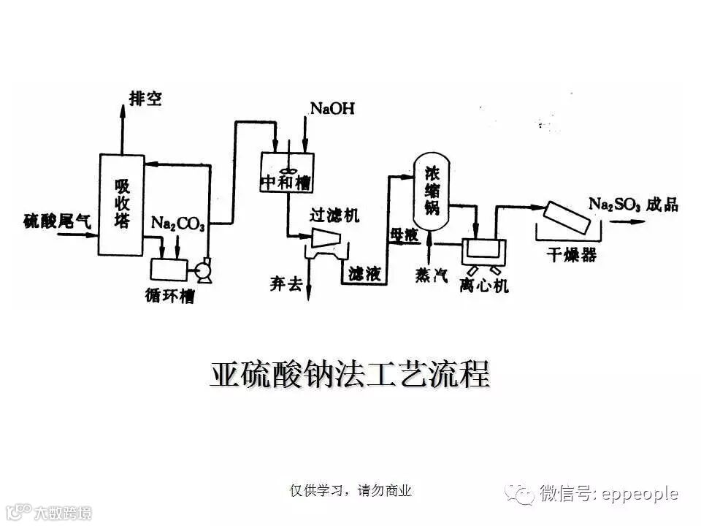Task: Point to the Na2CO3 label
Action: tap(178, 223)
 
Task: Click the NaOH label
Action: tap(332, 109)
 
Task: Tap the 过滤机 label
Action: tap(334, 216)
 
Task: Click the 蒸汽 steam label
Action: tap(431, 275)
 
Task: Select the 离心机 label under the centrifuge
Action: tap(484, 285)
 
